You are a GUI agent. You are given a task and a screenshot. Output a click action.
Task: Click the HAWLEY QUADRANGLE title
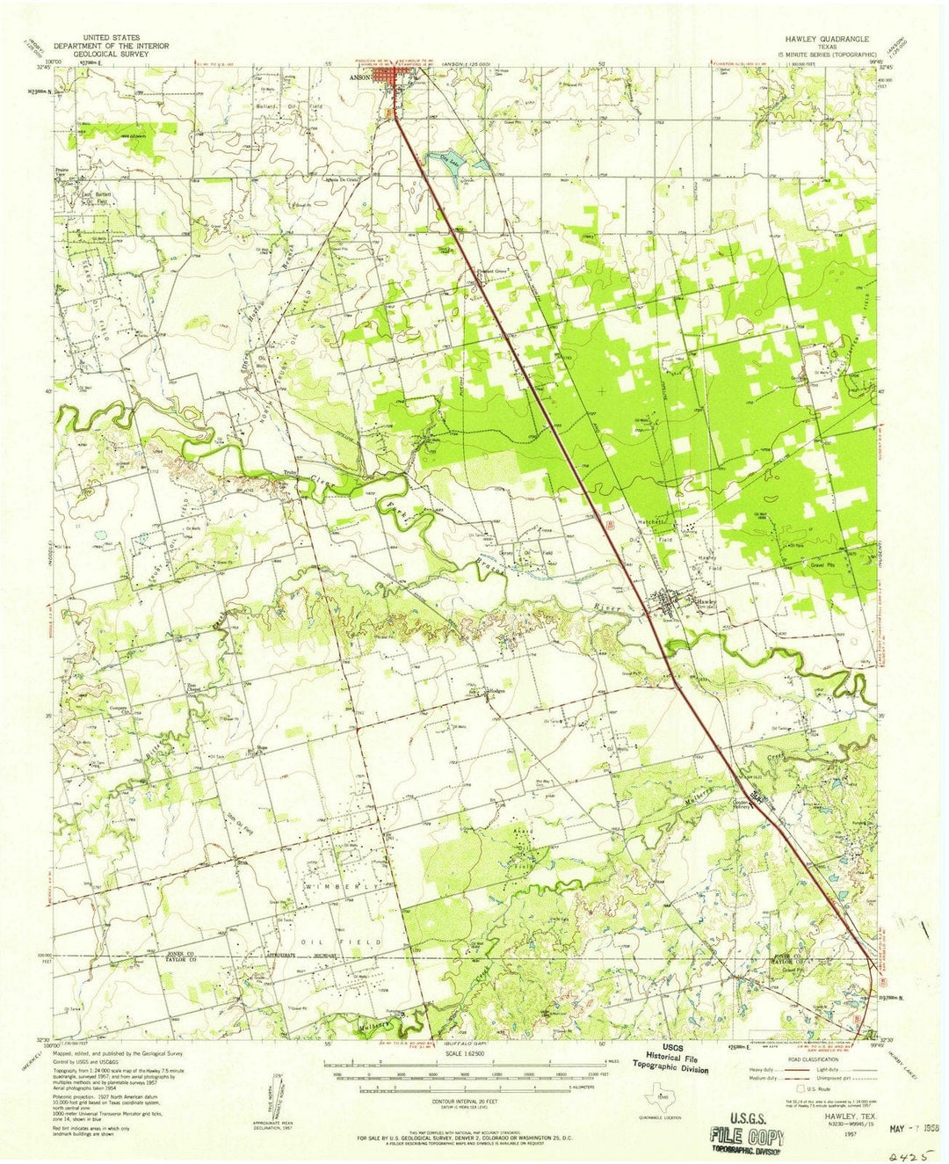click(x=821, y=40)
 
